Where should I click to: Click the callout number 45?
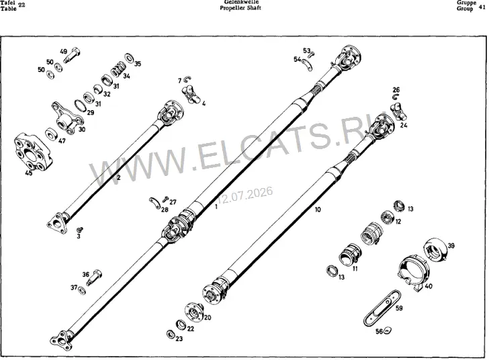coord(28,173)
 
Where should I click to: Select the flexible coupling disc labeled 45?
coord(34,152)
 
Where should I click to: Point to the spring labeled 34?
coord(118,69)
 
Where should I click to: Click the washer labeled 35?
coord(130,58)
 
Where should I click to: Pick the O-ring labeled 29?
coord(81,105)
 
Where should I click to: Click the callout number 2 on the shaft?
coord(118,178)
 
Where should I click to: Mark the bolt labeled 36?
coord(95,277)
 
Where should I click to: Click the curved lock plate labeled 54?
coord(307,64)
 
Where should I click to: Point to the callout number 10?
coord(318,210)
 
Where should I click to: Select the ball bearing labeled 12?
coord(388,216)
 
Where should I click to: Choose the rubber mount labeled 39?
coord(437,250)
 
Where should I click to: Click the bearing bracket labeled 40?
coord(414,273)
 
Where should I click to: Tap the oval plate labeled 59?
coord(382,308)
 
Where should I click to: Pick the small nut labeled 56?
coord(388,330)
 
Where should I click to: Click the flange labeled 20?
coord(194,312)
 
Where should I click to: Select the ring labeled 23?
coord(171,334)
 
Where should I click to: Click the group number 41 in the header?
coord(482,5)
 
